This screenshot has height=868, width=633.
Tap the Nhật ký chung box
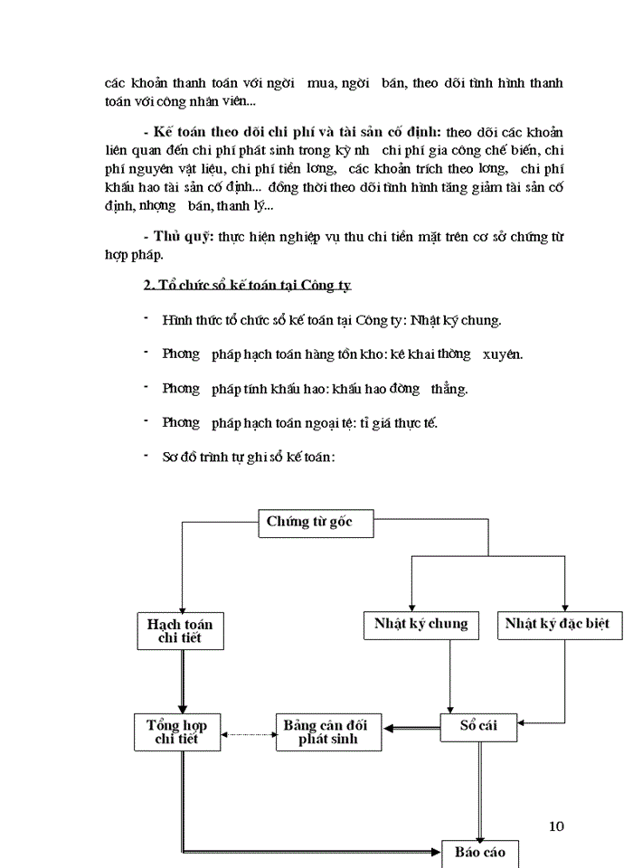[x=421, y=624]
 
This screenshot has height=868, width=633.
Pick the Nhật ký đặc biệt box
[x=557, y=624]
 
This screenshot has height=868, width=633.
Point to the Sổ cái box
[x=479, y=726]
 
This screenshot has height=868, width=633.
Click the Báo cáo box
[x=480, y=853]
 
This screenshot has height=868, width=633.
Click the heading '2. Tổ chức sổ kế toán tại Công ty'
[x=248, y=286]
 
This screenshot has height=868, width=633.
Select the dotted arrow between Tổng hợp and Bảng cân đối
[x=249, y=733]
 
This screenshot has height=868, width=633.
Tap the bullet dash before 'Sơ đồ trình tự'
[x=146, y=455]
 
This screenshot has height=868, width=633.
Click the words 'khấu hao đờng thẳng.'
[x=409, y=389]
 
